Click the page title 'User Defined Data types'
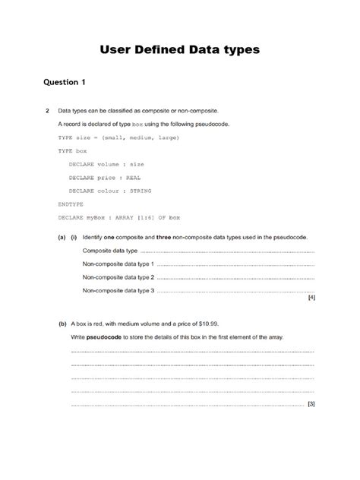point(180,50)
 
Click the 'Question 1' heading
point(65,82)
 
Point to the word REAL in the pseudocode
point(134,178)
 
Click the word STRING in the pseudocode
point(140,191)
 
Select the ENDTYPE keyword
point(71,204)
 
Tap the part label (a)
point(62,237)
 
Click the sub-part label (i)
point(74,237)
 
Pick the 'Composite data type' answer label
point(110,251)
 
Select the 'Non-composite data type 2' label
point(118,277)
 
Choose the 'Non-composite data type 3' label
point(118,291)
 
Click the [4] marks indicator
point(311,298)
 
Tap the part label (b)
point(62,323)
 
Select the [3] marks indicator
point(311,404)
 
